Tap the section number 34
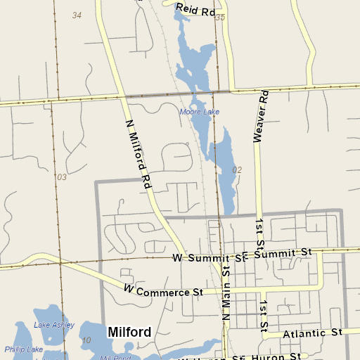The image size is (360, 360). point(77,15)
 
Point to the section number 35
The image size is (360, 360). point(220,17)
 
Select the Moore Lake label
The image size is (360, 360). point(199,112)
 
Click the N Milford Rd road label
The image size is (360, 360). point(139,153)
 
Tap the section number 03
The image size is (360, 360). point(62,176)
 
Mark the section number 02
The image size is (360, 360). point(236,170)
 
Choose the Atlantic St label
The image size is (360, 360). point(311,333)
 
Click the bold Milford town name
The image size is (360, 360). point(129,331)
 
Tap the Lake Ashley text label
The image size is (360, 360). point(53,324)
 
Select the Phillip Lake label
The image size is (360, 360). point(24,349)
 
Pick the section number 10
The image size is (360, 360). point(86,340)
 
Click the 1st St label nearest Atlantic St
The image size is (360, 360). point(264,316)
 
